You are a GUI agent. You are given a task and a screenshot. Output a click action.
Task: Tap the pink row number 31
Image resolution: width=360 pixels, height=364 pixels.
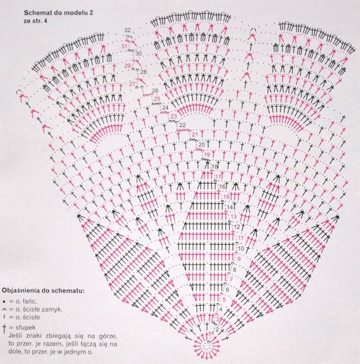click(x=124, y=46)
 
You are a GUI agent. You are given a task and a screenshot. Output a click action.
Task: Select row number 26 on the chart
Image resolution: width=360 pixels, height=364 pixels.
click(x=155, y=91)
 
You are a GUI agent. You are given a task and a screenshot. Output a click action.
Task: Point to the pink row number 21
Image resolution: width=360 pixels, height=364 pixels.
click(x=195, y=134)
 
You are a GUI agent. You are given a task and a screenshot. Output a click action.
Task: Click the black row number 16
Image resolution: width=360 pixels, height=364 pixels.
click(x=222, y=187)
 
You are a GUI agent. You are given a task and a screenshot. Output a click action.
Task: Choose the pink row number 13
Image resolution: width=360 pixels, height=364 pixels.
click(x=234, y=216)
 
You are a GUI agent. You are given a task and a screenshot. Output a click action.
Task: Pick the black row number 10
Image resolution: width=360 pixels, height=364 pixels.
click(x=241, y=248)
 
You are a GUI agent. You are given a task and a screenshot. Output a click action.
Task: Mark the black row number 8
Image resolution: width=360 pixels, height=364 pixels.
click(x=235, y=270)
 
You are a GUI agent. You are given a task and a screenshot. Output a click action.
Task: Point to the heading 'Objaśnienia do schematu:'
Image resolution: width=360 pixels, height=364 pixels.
click(x=43, y=290)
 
